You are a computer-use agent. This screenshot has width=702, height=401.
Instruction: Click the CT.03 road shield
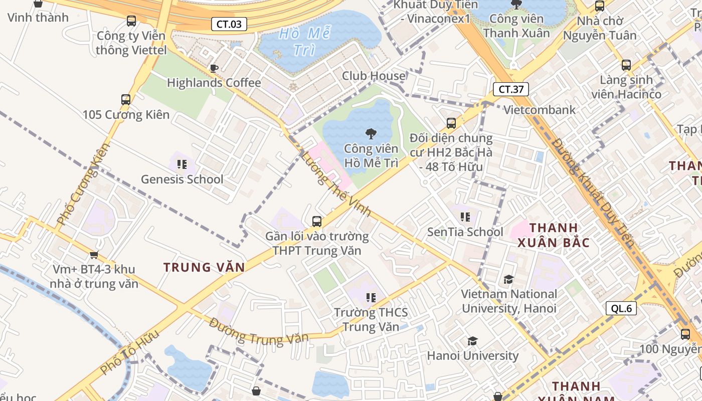click(229, 24)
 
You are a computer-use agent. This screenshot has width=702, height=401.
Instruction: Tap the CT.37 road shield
click(511, 89)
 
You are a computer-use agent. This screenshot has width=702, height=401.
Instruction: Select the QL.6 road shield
click(621, 308)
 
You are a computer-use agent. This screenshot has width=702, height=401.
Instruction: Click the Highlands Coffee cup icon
click(214, 68)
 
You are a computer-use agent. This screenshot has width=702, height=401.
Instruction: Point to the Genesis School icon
click(182, 164)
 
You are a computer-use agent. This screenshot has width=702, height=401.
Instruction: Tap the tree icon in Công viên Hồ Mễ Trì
click(371, 133)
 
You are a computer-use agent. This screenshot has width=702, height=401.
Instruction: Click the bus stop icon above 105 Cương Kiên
click(126, 99)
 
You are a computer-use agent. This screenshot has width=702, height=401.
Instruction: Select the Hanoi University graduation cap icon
click(472, 341)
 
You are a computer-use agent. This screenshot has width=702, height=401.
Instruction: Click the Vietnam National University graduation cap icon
click(509, 279)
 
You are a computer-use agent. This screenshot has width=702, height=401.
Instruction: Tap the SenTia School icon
click(465, 217)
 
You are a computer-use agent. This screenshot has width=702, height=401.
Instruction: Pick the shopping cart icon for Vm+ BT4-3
click(94, 255)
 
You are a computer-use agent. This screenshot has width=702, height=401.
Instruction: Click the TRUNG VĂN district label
click(204, 267)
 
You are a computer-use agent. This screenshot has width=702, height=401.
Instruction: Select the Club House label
click(374, 76)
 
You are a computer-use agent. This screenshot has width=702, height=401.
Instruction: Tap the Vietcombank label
click(540, 110)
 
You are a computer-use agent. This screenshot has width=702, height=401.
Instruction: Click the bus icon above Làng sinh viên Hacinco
click(626, 65)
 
